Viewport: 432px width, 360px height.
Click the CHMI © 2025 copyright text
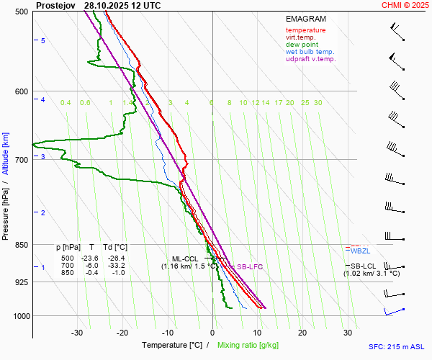pyautogui.click(x=406, y=5)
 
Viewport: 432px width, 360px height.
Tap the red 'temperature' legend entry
pyautogui.click(x=305, y=30)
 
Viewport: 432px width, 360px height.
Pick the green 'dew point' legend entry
pyautogui.click(x=302, y=45)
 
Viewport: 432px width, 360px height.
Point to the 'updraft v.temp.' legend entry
pyautogui.click(x=310, y=59)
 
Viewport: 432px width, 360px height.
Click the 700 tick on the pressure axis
pyautogui.click(x=21, y=160)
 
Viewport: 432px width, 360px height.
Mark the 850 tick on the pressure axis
pyautogui.click(x=21, y=245)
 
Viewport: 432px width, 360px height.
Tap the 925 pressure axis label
pyautogui.click(x=21, y=282)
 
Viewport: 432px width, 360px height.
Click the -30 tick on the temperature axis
pyautogui.click(x=77, y=333)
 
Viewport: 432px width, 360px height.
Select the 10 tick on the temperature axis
pyautogui.click(x=258, y=333)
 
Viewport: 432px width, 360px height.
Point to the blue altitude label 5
pyautogui.click(x=43, y=41)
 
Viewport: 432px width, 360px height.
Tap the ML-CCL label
pyautogui.click(x=184, y=258)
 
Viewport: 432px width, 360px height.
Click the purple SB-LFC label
pyautogui.click(x=250, y=266)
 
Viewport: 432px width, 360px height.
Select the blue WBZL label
pyautogui.click(x=360, y=251)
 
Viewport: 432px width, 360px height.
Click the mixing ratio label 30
pyautogui.click(x=318, y=103)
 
